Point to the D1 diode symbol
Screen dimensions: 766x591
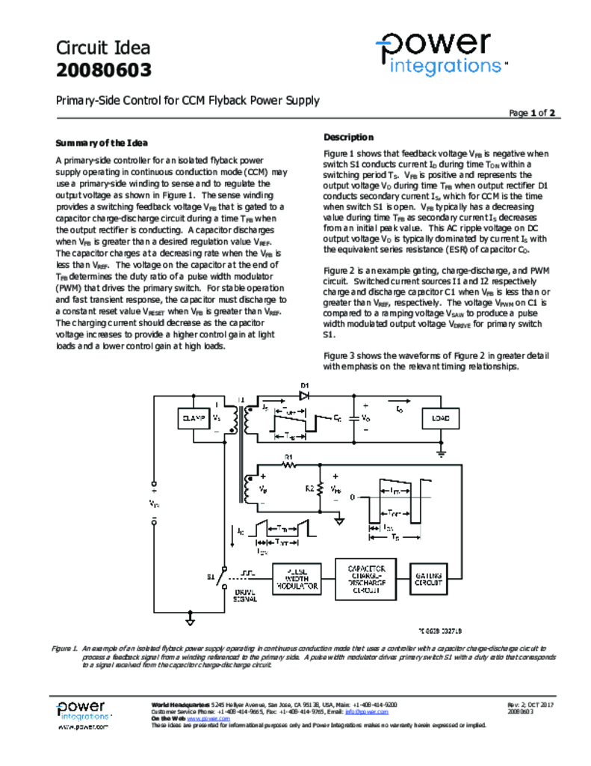pos(305,394)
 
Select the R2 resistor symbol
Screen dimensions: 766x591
pos(319,489)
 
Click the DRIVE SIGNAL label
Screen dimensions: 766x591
pos(244,595)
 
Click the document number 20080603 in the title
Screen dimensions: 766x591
pos(104,70)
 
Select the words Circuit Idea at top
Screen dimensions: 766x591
pos(103,48)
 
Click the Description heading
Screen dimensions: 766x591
pos(348,137)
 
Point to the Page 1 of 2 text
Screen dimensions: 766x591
pos(531,114)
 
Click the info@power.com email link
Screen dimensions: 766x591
pos(371,711)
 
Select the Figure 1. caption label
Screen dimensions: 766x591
pos(66,649)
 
